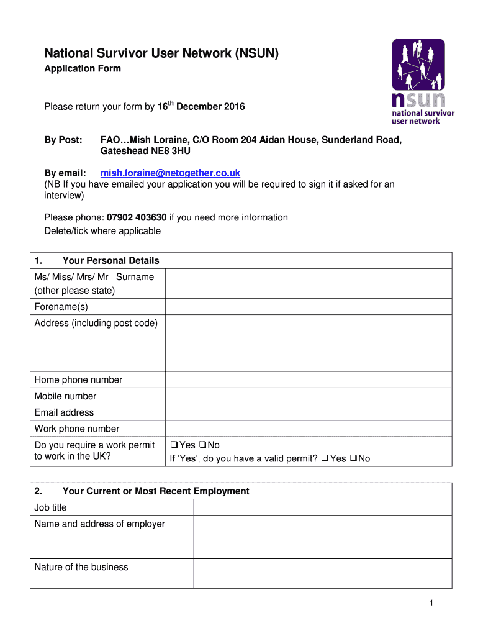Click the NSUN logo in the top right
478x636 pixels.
pos(422,81)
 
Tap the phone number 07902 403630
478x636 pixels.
pos(137,217)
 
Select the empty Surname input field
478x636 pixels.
pos(308,284)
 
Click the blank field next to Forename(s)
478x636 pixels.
pos(308,307)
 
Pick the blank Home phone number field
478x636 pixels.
pos(308,380)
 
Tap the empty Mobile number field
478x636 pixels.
pos(308,396)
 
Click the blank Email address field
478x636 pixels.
pos(308,412)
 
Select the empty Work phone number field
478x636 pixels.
pos(308,429)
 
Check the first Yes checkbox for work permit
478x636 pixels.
pos(174,445)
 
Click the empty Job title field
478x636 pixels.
pos(322,507)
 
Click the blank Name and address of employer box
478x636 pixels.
pos(322,537)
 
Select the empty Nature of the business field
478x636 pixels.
pos(322,573)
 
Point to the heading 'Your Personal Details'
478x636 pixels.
pos(110,261)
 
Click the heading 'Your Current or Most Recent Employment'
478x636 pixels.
pos(156,491)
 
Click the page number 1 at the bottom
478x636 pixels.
pos(448,603)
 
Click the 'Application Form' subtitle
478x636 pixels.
pos(83,68)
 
